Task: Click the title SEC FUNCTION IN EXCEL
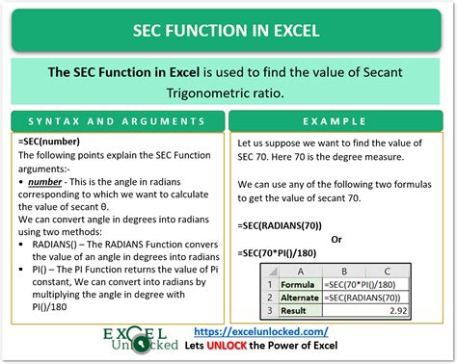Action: coord(228,32)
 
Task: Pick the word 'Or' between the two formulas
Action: coord(336,239)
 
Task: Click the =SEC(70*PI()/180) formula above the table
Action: coord(286,253)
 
